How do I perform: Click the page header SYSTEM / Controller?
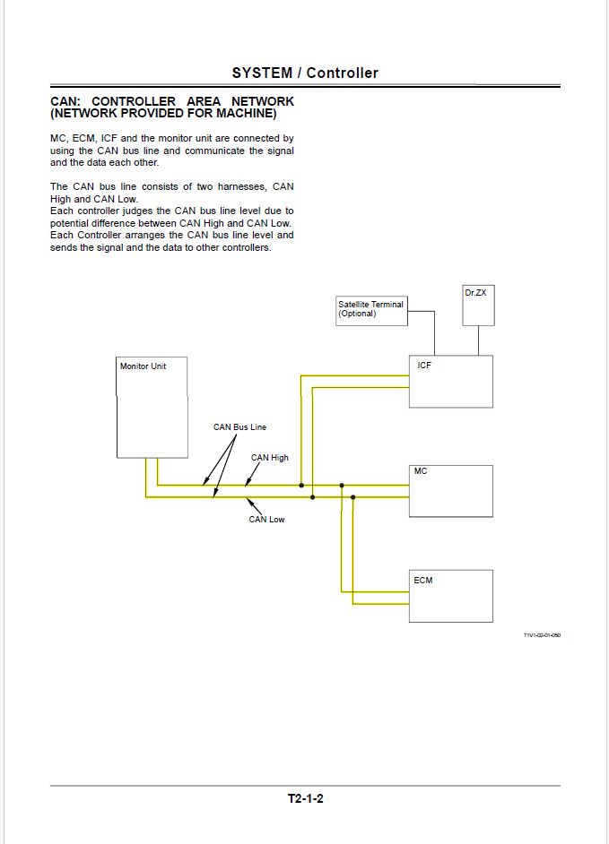[305, 73]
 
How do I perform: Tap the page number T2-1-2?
[305, 798]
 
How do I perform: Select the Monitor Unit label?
[143, 366]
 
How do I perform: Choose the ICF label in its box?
[424, 366]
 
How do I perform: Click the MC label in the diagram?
[421, 471]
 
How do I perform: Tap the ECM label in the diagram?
[423, 581]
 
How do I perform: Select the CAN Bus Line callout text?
[239, 427]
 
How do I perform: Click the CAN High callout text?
[270, 458]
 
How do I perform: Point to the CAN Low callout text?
[266, 520]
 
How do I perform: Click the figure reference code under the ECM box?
[542, 635]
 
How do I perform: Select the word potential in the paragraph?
[71, 223]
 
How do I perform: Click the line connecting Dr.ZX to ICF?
[478, 340]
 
